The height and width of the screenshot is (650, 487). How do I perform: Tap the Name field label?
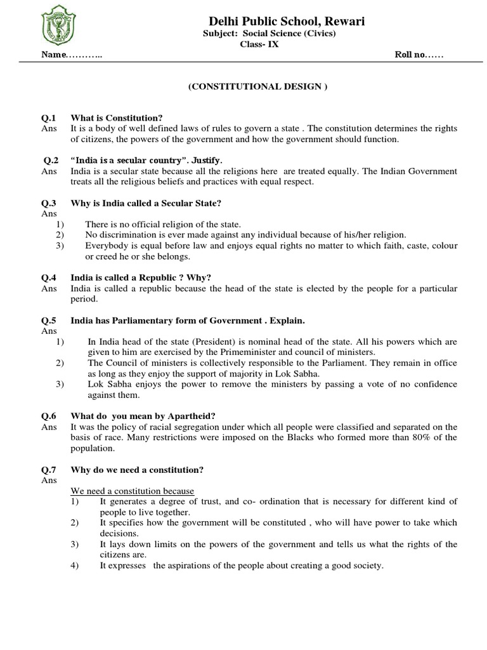coord(54,55)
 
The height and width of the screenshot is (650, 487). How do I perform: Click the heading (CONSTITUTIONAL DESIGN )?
coord(257,87)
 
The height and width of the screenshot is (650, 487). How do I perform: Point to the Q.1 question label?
coord(49,118)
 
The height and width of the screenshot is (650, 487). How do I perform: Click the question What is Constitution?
coord(117,118)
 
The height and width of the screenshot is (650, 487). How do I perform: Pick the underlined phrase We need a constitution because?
coord(132,491)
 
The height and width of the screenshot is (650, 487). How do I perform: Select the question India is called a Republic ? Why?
coord(141,277)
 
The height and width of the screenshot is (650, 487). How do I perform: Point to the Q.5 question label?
coord(49,320)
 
